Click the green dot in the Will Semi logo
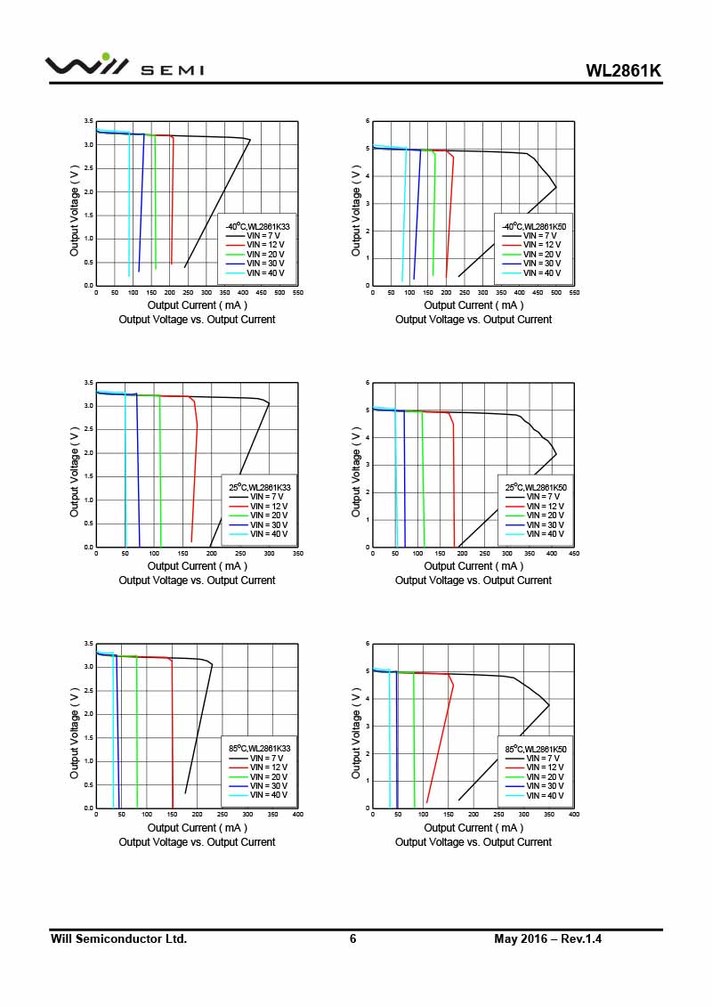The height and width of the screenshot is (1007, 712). pyautogui.click(x=106, y=57)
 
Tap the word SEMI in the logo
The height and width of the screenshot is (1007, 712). pyautogui.click(x=173, y=70)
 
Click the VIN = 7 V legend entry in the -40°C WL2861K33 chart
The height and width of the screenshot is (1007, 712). pyautogui.click(x=264, y=235)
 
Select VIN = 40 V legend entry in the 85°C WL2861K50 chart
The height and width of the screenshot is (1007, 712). pyautogui.click(x=542, y=795)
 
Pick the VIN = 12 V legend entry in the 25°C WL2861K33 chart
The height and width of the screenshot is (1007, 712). pyautogui.click(x=268, y=506)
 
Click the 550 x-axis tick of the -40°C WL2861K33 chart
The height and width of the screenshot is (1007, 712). pyautogui.click(x=297, y=293)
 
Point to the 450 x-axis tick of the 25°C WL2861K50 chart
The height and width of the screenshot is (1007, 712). pyautogui.click(x=574, y=554)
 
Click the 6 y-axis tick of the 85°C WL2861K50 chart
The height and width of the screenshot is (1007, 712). pyautogui.click(x=368, y=644)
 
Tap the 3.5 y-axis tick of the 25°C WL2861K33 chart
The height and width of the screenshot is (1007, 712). pyautogui.click(x=89, y=383)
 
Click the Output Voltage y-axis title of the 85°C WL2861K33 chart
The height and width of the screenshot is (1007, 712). pyautogui.click(x=75, y=726)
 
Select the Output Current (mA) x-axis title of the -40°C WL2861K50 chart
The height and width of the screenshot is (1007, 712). pyautogui.click(x=473, y=305)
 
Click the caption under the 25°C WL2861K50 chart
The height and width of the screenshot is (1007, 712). pyautogui.click(x=473, y=581)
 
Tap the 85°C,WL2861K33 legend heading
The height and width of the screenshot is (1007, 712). pyautogui.click(x=260, y=749)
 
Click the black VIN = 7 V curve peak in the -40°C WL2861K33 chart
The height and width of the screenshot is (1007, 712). pyautogui.click(x=250, y=140)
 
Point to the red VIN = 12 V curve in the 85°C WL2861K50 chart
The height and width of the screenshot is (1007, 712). pyautogui.click(x=440, y=739)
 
